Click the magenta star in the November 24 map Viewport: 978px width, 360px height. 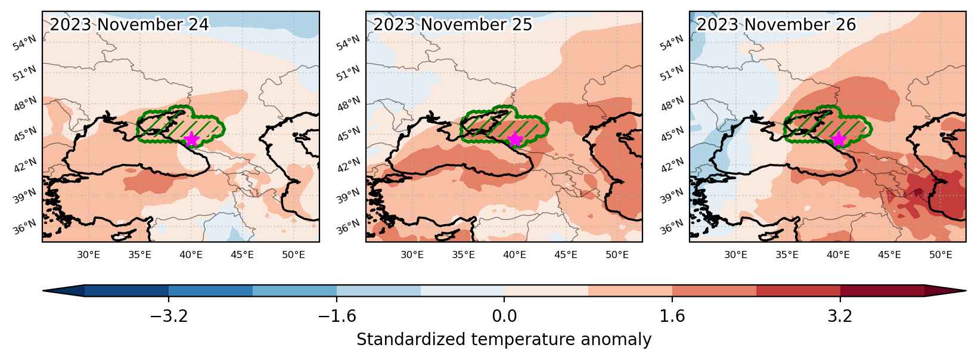(x=192, y=139)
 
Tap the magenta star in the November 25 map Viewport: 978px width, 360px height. (x=515, y=139)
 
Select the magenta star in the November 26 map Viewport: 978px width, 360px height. (x=839, y=139)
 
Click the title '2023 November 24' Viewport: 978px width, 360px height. (x=129, y=24)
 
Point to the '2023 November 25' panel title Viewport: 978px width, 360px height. (x=453, y=24)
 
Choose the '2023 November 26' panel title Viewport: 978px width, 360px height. (x=777, y=24)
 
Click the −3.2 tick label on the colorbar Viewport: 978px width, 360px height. (x=169, y=315)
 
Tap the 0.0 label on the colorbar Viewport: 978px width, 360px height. (x=504, y=315)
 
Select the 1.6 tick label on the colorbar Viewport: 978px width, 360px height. (x=672, y=315)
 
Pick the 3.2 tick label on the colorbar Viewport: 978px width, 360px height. (x=840, y=315)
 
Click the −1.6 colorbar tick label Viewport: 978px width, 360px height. (x=337, y=315)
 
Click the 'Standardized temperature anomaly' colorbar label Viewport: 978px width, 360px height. (x=504, y=340)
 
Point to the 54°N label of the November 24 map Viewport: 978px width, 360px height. (x=25, y=43)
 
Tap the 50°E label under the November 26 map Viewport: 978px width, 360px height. (x=940, y=255)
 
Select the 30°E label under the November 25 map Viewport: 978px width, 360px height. (x=412, y=255)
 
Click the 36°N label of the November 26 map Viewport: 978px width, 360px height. (x=672, y=227)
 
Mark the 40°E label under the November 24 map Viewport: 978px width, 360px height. (x=191, y=255)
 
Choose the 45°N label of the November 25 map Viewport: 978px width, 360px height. (x=349, y=135)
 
